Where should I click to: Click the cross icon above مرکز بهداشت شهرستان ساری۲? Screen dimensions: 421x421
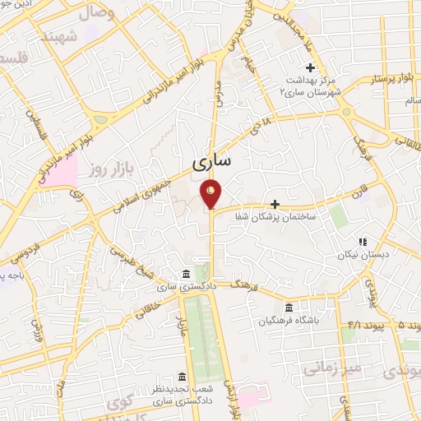click(x=310, y=67)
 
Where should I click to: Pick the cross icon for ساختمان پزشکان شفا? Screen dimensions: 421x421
click(x=275, y=204)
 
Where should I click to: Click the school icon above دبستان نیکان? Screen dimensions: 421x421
click(x=362, y=243)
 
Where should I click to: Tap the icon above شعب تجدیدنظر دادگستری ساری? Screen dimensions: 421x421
click(x=183, y=376)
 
